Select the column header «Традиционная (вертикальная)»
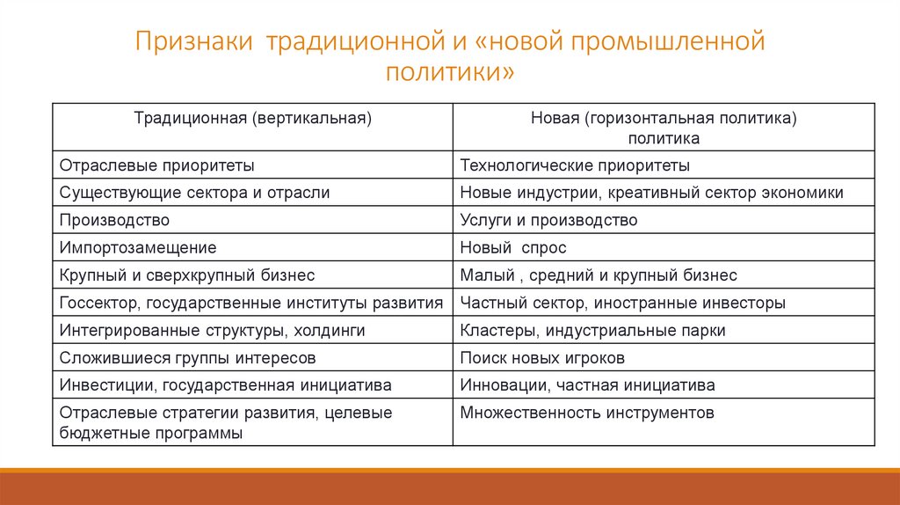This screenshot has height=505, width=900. (252, 117)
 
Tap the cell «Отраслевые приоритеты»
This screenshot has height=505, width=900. (157, 165)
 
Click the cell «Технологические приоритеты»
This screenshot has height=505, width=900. (575, 165)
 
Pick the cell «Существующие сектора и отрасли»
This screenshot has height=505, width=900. (195, 193)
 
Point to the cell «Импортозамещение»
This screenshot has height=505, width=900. (138, 248)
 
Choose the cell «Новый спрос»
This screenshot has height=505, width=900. (513, 248)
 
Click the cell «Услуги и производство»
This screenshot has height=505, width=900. (548, 221)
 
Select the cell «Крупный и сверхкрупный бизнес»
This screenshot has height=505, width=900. (187, 275)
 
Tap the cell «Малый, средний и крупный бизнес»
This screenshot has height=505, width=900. (599, 275)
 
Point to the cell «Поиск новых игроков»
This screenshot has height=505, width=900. (542, 358)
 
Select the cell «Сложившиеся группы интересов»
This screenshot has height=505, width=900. (187, 358)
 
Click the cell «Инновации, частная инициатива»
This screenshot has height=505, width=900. (587, 385)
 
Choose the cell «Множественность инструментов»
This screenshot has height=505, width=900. (587, 413)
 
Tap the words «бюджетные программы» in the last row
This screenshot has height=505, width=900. (151, 433)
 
